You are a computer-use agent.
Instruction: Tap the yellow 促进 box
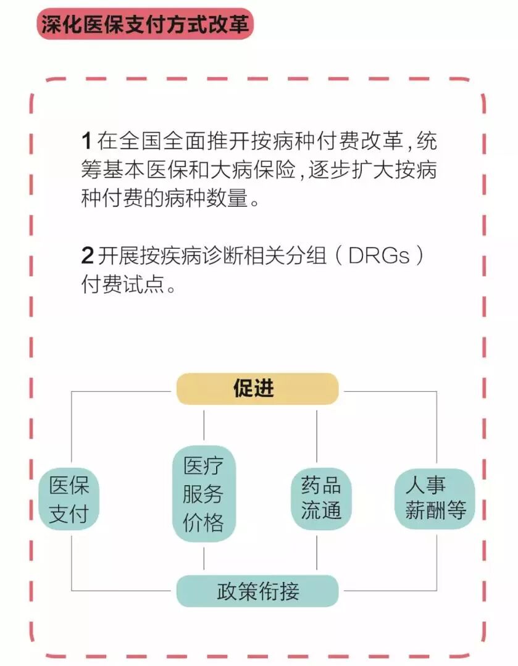point(257,389)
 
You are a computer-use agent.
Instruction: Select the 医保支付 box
point(69,499)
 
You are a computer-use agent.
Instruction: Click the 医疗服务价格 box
point(204,494)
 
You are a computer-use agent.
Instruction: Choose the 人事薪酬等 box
point(435,499)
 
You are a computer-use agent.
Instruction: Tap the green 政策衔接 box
point(257,591)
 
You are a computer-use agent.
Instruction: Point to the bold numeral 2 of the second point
point(87,255)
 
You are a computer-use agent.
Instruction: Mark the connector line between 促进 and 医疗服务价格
point(204,425)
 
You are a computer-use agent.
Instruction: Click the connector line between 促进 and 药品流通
point(317,435)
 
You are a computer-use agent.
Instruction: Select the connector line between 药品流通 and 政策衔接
point(317,552)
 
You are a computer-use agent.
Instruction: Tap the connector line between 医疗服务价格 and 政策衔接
point(204,558)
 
